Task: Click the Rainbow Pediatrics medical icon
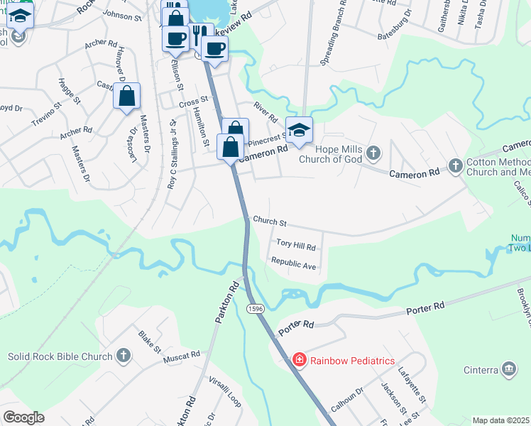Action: pos(300,360)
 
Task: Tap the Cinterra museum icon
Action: pos(508,368)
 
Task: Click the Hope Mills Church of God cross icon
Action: pos(374,153)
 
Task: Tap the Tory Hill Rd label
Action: pos(295,246)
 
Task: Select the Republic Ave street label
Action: pos(293,263)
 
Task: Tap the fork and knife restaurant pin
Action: pos(198,35)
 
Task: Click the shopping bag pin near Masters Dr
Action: pos(126,96)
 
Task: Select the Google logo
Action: pos(23,417)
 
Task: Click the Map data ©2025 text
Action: pos(500,420)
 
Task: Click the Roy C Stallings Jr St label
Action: pos(171,153)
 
